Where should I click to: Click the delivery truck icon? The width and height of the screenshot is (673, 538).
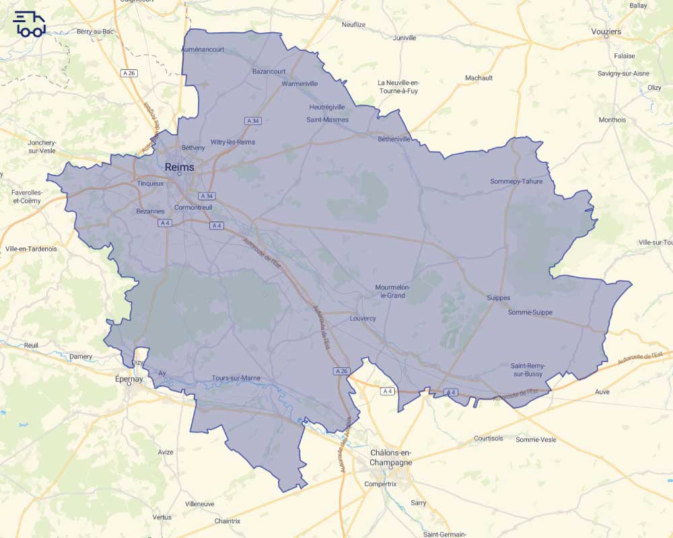click(29, 24)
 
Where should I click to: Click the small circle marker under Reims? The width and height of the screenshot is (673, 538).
click(180, 174)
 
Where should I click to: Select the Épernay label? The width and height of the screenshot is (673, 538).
click(129, 379)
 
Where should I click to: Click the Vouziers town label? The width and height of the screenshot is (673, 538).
click(606, 32)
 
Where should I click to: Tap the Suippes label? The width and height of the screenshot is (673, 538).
click(498, 297)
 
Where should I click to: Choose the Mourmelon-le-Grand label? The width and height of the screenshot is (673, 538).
click(393, 291)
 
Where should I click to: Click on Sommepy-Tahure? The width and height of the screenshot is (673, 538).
click(516, 181)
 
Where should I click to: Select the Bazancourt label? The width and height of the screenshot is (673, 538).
click(269, 71)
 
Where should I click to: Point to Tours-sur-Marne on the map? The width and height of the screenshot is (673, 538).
click(236, 378)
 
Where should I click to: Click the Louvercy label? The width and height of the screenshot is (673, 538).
click(363, 318)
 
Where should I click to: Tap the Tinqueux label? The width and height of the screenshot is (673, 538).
click(150, 183)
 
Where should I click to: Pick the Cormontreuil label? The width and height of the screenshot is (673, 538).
click(193, 207)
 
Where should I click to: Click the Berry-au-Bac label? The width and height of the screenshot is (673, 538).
click(94, 32)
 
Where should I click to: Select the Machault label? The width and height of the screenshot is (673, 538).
click(479, 78)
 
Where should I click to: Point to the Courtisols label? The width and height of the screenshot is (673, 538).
click(488, 438)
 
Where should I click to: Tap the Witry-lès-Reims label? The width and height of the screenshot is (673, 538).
click(233, 142)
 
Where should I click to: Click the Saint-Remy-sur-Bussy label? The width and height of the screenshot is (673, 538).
click(528, 369)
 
